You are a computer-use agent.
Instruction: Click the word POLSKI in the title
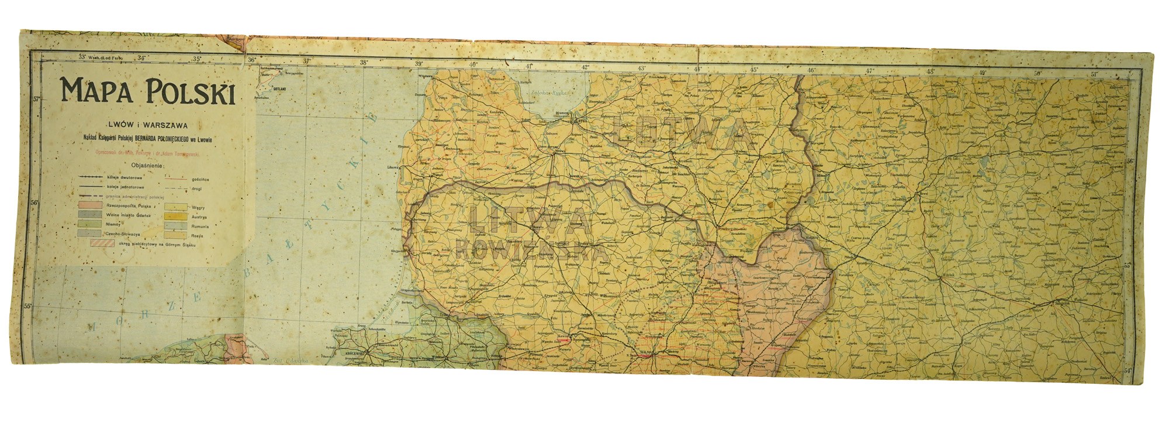pos(185,92)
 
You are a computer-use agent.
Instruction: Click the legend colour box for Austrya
pos(174,216)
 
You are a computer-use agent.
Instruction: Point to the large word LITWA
pos(529,220)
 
